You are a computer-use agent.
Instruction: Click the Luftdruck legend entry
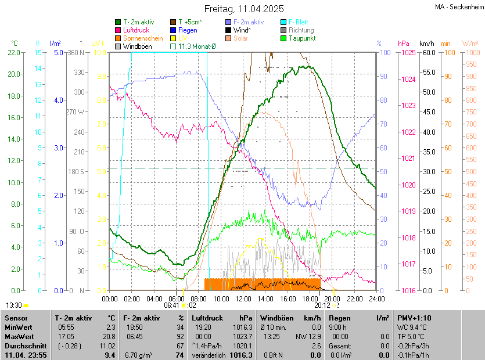[x=136, y=30]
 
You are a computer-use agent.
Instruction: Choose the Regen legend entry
[x=188, y=30]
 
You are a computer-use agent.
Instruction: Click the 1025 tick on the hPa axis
[x=407, y=53]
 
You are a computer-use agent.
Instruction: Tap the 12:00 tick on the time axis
[x=243, y=298]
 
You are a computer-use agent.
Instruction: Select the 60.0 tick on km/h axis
[x=428, y=53]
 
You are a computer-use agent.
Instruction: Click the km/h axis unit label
[x=426, y=44]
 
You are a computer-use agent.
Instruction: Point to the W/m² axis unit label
[x=470, y=44]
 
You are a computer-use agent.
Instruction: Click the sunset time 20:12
[x=322, y=304]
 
